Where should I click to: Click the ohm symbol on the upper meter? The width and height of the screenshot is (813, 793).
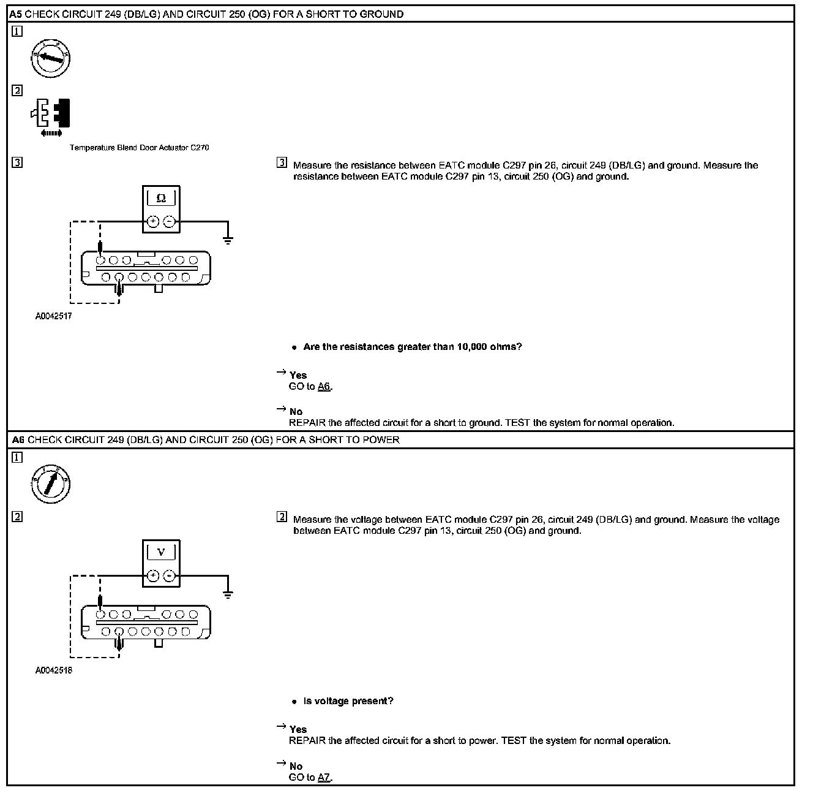(x=161, y=199)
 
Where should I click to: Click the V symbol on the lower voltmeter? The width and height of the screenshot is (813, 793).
(x=162, y=553)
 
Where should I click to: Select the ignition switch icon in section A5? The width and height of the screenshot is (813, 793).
(x=50, y=59)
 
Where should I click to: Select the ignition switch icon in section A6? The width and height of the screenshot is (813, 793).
(x=50, y=484)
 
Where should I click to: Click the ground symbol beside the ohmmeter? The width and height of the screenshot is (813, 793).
(x=228, y=240)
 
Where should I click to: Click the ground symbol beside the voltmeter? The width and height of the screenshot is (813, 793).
(x=228, y=594)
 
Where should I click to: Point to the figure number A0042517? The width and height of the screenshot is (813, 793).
(x=53, y=317)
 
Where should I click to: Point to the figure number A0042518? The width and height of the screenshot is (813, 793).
(x=53, y=670)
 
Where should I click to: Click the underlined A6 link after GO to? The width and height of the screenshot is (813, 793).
(x=324, y=387)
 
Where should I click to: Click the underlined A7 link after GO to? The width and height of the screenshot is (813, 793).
(x=324, y=778)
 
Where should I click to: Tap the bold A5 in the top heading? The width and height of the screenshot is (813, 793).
(x=17, y=14)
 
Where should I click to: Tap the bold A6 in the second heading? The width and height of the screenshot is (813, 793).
(x=18, y=439)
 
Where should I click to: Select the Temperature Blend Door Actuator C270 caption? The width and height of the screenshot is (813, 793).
(x=139, y=148)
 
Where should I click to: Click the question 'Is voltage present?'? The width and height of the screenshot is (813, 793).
(x=348, y=701)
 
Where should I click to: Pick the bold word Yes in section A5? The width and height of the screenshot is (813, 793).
(x=298, y=375)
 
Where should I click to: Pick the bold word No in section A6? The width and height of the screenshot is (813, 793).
(x=296, y=766)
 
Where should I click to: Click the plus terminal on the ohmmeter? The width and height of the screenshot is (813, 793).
(x=153, y=222)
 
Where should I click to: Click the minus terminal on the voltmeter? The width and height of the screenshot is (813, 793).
(x=170, y=576)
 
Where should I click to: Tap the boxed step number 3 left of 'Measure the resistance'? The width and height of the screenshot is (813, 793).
(x=282, y=163)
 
